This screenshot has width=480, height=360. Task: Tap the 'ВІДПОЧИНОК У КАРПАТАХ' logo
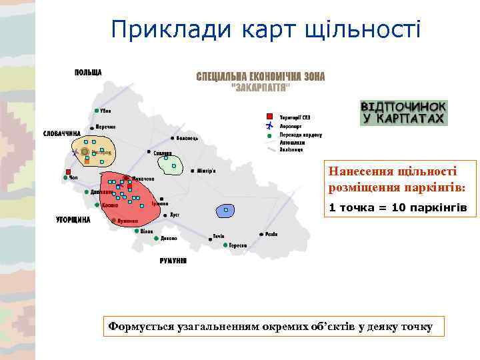pos(403,112)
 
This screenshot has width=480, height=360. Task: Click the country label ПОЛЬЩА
pos(88,72)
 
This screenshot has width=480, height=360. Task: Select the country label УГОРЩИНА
pos(73,219)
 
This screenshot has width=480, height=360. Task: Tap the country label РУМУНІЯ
pos(173,260)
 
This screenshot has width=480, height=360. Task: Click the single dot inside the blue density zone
pos(226,210)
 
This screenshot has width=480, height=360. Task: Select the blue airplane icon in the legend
pos(269,125)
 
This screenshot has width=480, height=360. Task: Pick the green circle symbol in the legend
pos(269,134)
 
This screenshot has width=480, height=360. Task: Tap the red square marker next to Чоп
pos(68,170)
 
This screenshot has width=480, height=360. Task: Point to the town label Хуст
pos(175,215)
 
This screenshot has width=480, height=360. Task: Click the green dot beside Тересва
pos(225,245)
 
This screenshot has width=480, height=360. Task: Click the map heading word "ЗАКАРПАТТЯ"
pos(260,87)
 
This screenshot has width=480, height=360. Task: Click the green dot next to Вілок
pos(136,231)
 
